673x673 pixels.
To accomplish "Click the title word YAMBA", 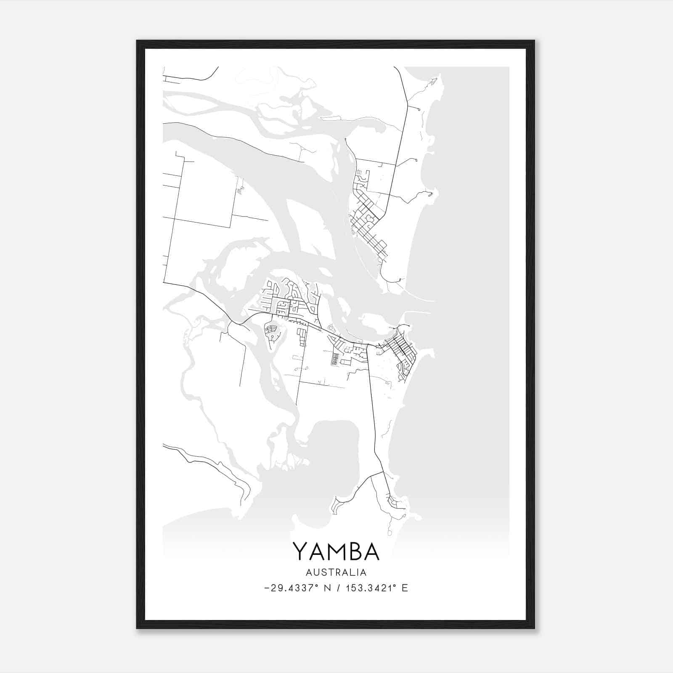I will coord(336,551).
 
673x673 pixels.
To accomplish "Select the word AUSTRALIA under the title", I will coord(336,572).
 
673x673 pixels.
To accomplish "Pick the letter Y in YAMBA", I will coord(300,551).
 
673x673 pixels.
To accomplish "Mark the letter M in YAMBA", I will coord(335,551).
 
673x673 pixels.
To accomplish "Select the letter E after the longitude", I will coord(405,588).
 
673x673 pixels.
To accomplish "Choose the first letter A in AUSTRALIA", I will coord(309,572).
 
